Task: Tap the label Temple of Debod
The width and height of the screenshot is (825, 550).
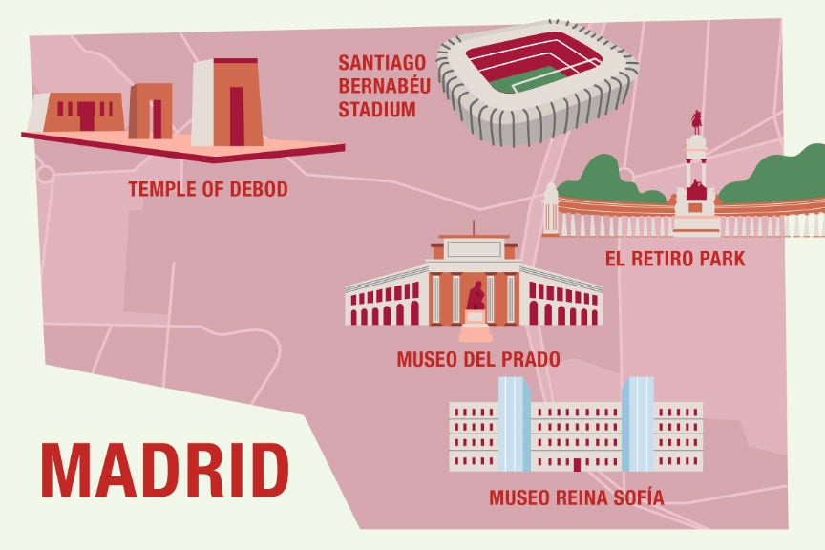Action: click(x=207, y=189)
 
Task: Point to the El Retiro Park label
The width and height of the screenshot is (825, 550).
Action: click(x=675, y=258)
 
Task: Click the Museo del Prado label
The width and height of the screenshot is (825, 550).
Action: click(x=477, y=360)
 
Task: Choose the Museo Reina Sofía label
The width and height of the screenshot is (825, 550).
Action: click(x=576, y=497)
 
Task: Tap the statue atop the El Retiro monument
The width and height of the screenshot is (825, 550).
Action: click(x=697, y=122)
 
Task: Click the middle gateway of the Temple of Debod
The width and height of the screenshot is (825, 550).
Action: click(x=152, y=111)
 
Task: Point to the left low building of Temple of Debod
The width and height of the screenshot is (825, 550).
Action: click(x=81, y=112)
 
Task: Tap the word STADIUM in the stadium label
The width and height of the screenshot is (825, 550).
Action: click(x=377, y=109)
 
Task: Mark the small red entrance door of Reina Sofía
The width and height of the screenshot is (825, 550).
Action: click(x=576, y=465)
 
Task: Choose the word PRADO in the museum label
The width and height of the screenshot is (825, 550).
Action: click(x=530, y=360)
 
